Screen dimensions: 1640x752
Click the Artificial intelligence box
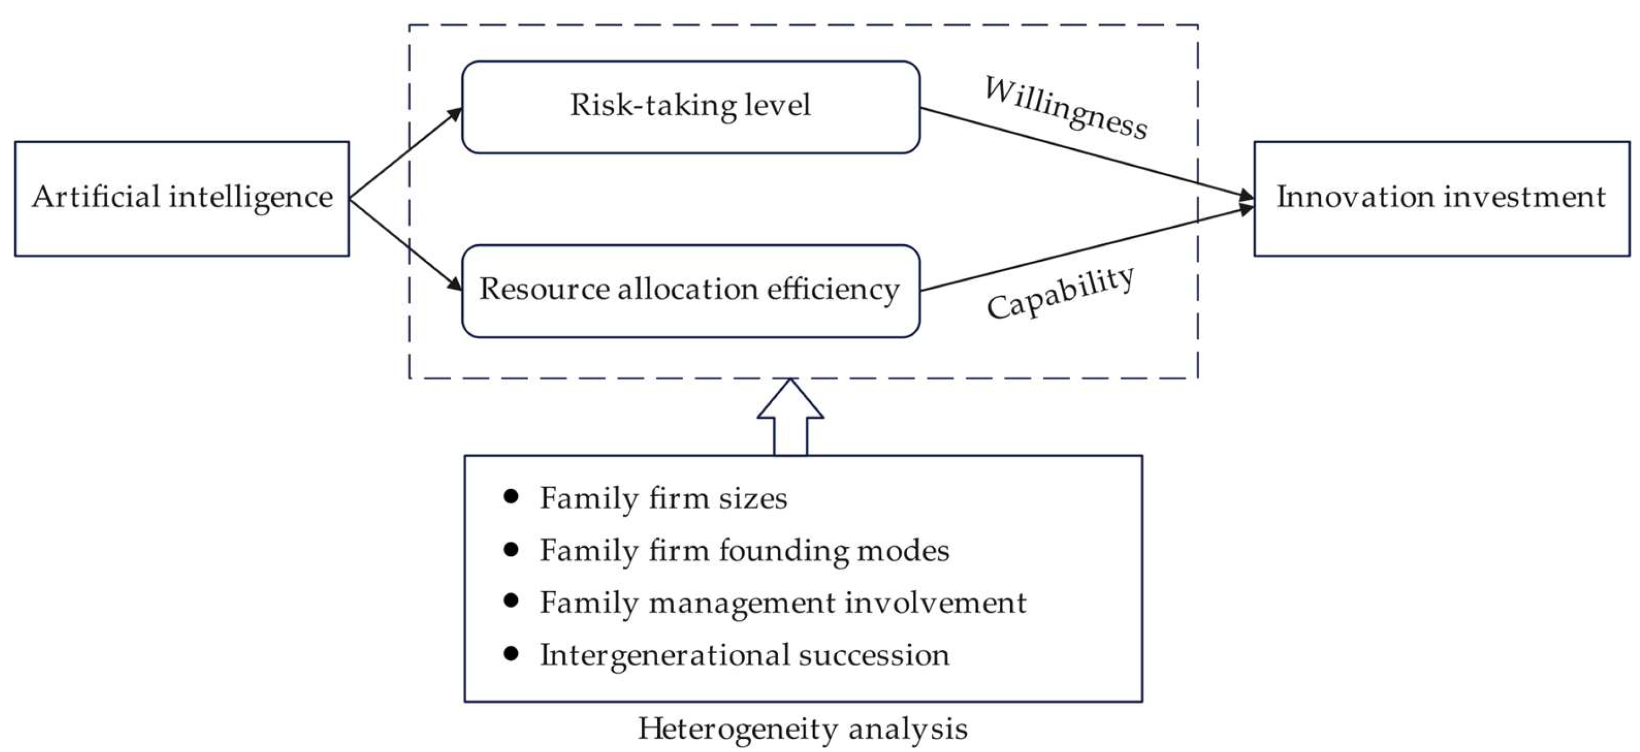click(182, 199)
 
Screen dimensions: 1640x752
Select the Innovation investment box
click(1442, 199)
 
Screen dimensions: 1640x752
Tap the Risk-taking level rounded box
click(691, 107)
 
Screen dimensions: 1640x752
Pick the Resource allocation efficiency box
click(691, 291)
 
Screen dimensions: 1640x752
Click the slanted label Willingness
click(1066, 108)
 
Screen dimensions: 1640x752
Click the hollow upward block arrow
click(790, 417)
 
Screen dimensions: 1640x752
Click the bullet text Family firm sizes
click(663, 498)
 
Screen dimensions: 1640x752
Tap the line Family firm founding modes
click(745, 551)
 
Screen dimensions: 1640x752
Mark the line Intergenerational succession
click(745, 655)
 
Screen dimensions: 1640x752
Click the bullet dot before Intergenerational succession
click(511, 653)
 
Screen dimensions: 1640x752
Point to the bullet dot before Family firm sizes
click(511, 497)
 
